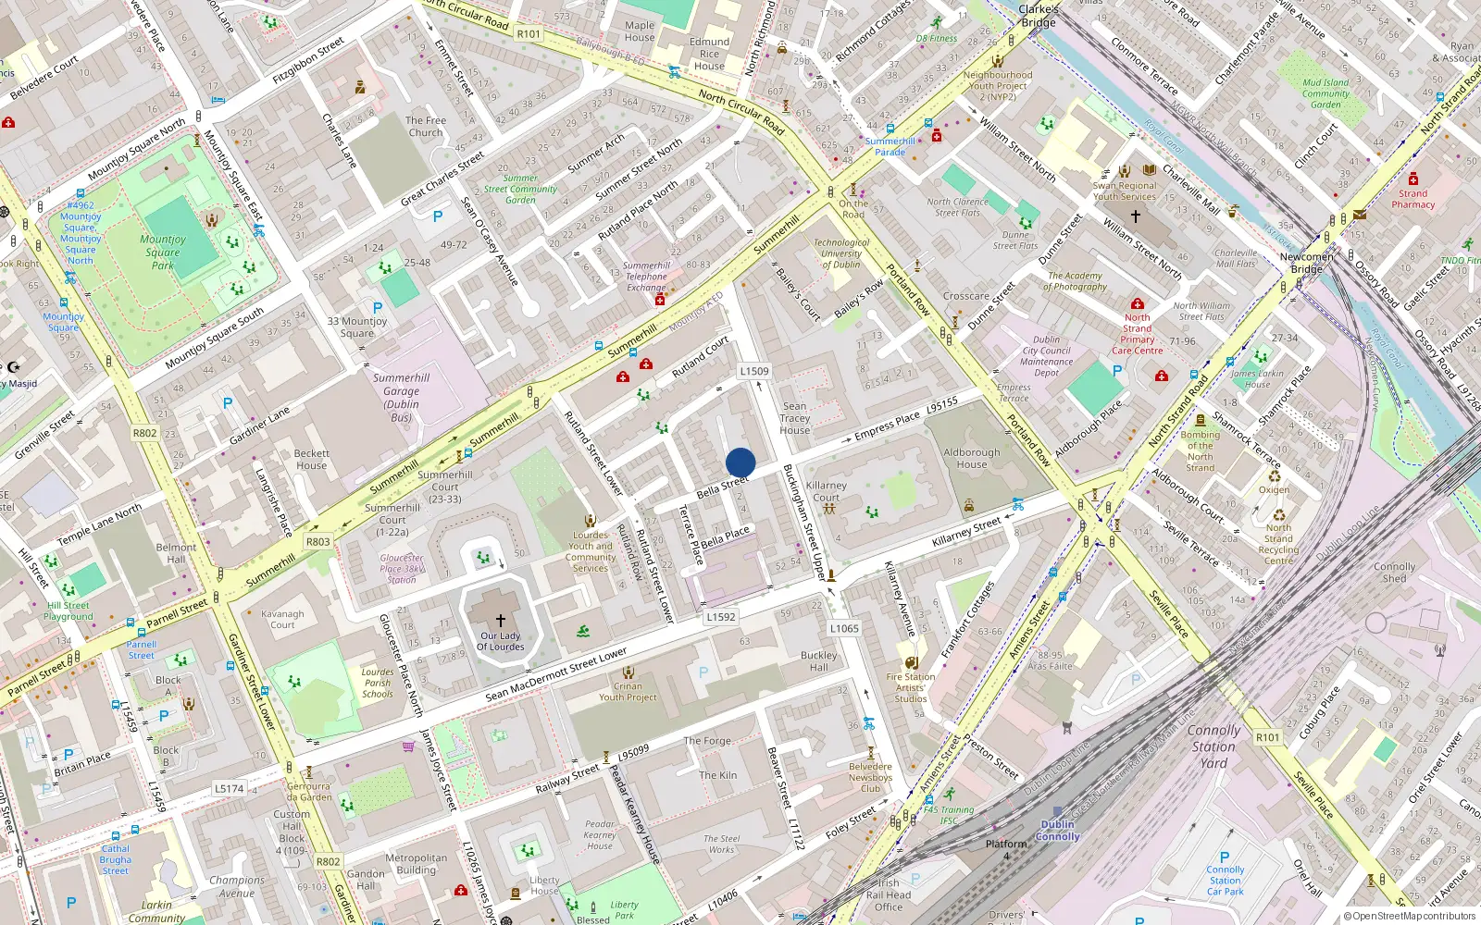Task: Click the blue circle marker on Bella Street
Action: pyautogui.click(x=740, y=462)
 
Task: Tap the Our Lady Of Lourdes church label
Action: pyautogui.click(x=500, y=641)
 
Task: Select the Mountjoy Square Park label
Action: pyautogui.click(x=163, y=252)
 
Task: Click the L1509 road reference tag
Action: pyautogui.click(x=754, y=371)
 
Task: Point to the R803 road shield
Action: pyautogui.click(x=317, y=542)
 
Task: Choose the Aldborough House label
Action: pyautogui.click(x=972, y=459)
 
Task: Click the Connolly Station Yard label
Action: pyautogui.click(x=1213, y=746)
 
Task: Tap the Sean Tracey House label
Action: pyautogui.click(x=794, y=418)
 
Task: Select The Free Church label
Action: pyautogui.click(x=426, y=127)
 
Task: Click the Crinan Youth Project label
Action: pyautogui.click(x=628, y=691)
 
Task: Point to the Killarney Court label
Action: pyautogui.click(x=826, y=491)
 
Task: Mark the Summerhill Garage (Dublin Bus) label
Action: pyautogui.click(x=401, y=398)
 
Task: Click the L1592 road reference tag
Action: pyautogui.click(x=720, y=617)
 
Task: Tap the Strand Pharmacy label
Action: pyautogui.click(x=1413, y=199)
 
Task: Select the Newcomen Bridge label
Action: pyautogui.click(x=1307, y=263)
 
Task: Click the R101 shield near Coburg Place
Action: pyautogui.click(x=1267, y=737)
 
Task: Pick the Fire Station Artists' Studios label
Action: pyautogui.click(x=911, y=687)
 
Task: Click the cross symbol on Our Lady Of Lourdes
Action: pyautogui.click(x=501, y=621)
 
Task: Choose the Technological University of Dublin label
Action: pyautogui.click(x=841, y=253)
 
